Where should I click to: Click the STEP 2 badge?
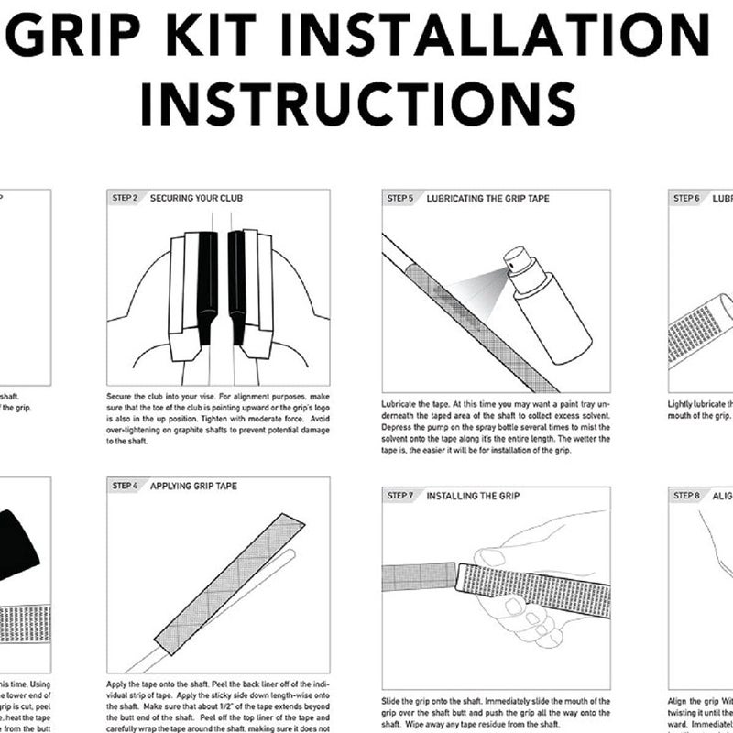pos(125,198)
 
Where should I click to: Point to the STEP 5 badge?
pos(399,198)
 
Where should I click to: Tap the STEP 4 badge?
pos(125,486)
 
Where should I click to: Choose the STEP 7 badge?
pos(399,495)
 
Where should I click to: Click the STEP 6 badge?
pos(685,198)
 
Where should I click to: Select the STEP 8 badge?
pos(685,495)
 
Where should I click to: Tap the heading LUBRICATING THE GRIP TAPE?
pos(487,198)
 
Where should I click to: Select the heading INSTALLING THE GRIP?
pos(473,495)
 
